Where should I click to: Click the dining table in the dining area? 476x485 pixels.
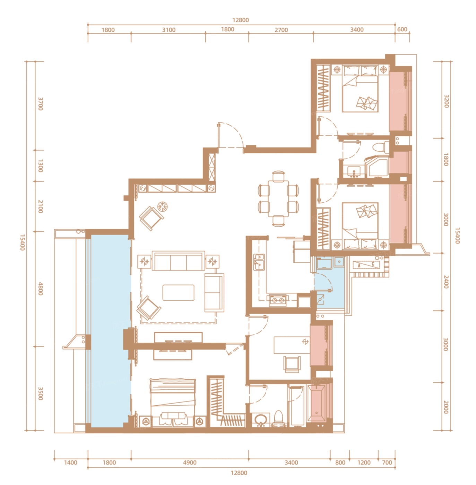tap(278, 198)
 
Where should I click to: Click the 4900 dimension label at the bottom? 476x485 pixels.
tap(190, 462)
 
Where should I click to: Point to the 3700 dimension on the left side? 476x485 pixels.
tap(40, 104)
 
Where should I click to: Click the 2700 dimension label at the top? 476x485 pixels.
tap(281, 30)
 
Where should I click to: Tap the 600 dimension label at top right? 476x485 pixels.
tap(402, 29)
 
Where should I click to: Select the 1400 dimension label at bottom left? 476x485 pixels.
tap(71, 462)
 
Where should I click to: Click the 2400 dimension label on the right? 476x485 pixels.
tap(446, 282)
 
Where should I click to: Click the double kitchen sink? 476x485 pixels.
tap(259, 262)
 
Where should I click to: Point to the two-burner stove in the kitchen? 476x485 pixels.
tap(277, 300)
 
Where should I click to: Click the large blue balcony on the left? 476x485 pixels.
tap(110, 331)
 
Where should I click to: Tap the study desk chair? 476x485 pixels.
tap(292, 364)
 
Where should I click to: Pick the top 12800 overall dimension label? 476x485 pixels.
tap(240, 20)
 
